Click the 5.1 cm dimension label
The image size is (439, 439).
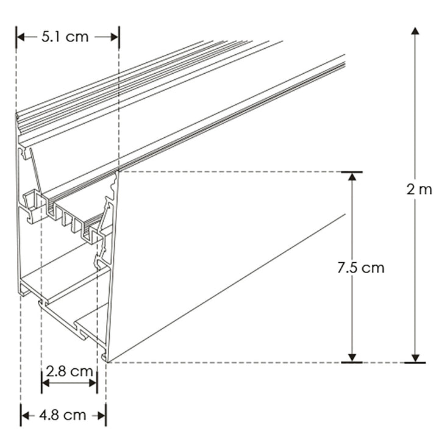tap(65, 37)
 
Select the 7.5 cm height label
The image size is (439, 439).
tap(361, 267)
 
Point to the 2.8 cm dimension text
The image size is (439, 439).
tap(70, 371)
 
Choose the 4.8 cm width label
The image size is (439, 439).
tap(62, 415)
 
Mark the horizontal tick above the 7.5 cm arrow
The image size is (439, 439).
tap(352, 172)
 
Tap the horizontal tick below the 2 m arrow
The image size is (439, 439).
tap(415, 363)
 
